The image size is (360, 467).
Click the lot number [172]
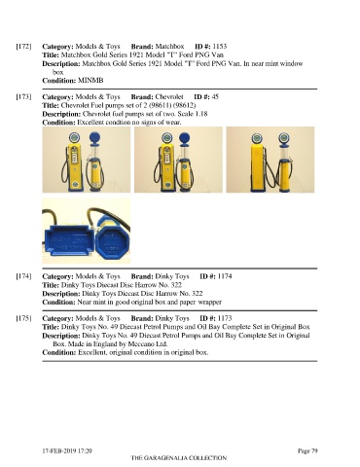point(23,47)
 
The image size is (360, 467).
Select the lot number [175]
point(23,318)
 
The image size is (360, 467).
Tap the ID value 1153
point(220,46)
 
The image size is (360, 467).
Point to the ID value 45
point(215,96)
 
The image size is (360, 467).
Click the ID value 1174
point(225,276)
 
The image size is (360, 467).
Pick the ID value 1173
point(225,318)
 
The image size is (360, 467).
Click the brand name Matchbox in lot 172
point(169,46)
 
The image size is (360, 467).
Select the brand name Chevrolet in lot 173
point(169,96)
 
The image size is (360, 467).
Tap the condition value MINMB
point(90,80)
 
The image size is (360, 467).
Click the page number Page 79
point(307,450)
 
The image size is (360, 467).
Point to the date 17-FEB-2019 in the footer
point(58,450)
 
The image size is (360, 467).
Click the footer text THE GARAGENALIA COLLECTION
point(179,458)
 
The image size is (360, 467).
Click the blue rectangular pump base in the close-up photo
point(69,240)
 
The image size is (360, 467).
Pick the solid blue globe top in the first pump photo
point(94,138)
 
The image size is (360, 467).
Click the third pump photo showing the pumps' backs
point(270,160)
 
